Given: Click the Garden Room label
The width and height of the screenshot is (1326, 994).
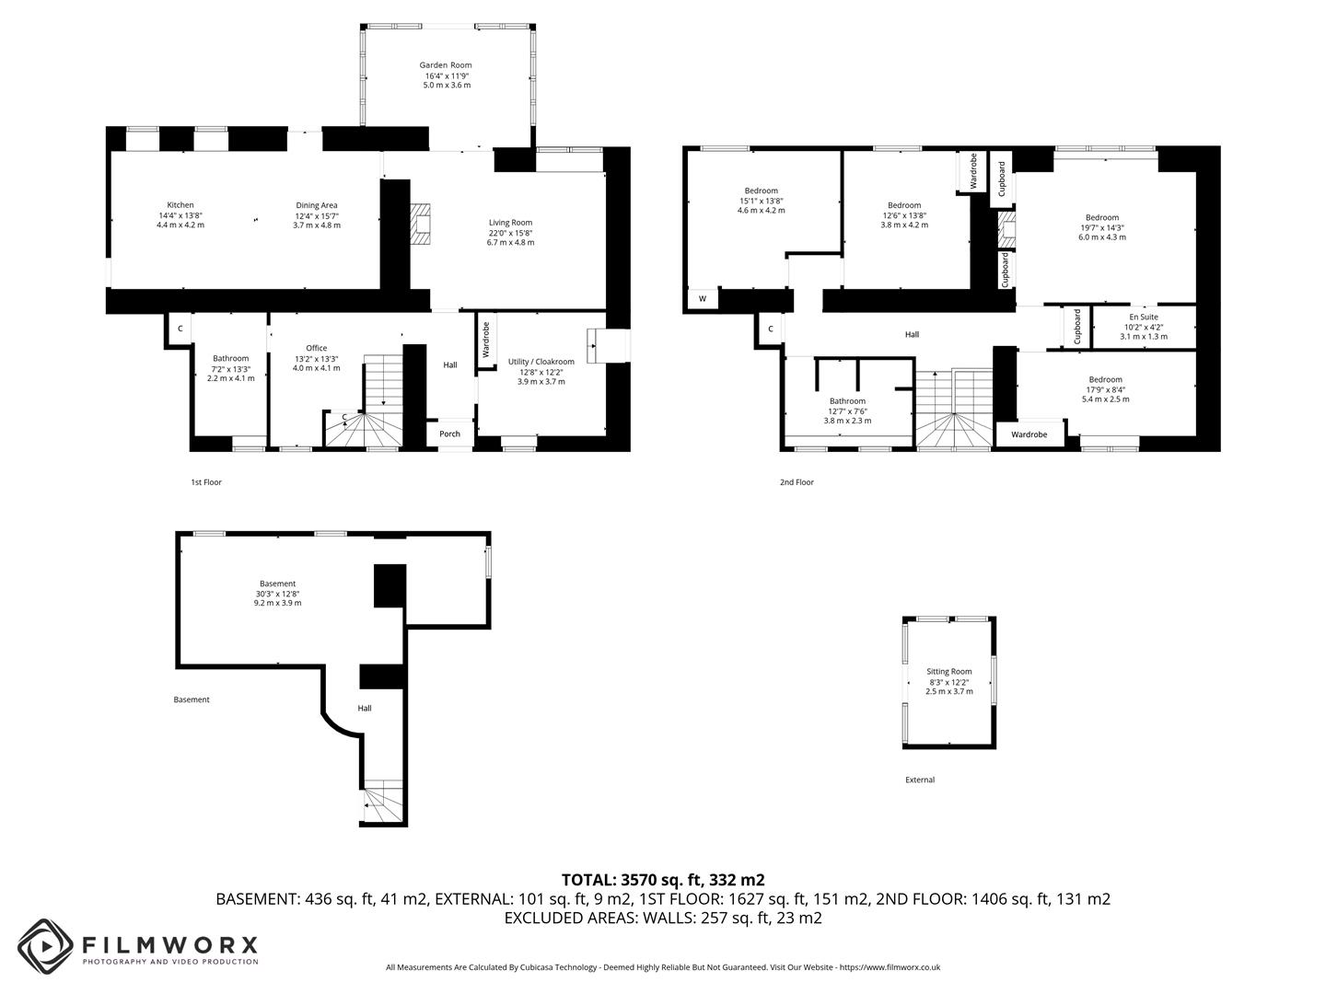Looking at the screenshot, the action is [x=445, y=65].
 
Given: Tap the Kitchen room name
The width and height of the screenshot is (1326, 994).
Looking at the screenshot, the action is [x=180, y=205].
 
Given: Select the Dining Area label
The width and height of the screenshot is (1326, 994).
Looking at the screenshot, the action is [x=317, y=205].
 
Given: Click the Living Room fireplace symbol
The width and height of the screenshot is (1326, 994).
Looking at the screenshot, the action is [x=421, y=224].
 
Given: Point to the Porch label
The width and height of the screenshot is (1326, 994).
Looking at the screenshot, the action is [x=449, y=433].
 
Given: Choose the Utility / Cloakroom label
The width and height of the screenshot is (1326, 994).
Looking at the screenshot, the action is [x=541, y=362].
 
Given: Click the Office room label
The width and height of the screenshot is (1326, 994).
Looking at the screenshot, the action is [x=316, y=348].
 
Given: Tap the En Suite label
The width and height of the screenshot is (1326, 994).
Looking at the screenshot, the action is [x=1144, y=317].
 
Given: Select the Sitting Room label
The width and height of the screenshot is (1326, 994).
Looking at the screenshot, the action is [x=949, y=671].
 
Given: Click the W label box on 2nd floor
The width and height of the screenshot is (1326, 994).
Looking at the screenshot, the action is [x=703, y=299].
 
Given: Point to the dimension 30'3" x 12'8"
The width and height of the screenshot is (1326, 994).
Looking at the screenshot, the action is [x=277, y=594].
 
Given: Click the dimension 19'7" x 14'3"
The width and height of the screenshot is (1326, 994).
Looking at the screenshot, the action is [x=1102, y=227].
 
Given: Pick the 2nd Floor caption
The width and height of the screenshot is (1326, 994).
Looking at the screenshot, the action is [x=797, y=482].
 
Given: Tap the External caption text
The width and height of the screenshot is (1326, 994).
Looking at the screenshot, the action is [x=919, y=780].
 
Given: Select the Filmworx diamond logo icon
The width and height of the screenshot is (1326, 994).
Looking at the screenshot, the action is [x=46, y=946].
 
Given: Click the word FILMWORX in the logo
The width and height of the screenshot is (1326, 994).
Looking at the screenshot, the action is [x=169, y=944].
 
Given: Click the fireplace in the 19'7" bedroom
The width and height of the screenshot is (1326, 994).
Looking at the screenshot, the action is [x=1006, y=230].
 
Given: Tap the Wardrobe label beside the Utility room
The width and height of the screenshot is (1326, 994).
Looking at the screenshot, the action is [x=486, y=340].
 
